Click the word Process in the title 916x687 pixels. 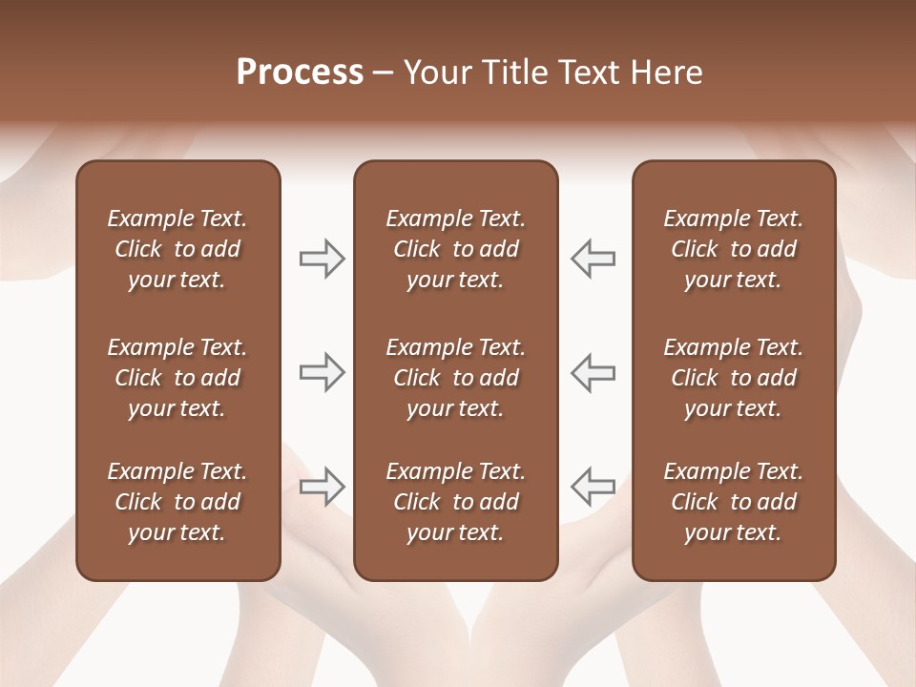click(x=300, y=73)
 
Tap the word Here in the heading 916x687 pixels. click(x=665, y=73)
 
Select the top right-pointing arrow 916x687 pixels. click(x=322, y=259)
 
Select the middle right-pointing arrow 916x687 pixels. click(x=322, y=372)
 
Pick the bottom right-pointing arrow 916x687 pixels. click(x=322, y=486)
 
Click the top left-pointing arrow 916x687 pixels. click(x=593, y=259)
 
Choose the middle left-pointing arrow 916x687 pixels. click(x=593, y=372)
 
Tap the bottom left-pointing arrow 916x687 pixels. click(x=593, y=486)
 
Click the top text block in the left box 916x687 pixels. click(x=177, y=249)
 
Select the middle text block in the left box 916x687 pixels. click(x=177, y=378)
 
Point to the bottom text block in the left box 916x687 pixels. click(x=177, y=502)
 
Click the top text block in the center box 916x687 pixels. click(x=455, y=249)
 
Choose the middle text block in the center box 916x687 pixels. click(x=455, y=378)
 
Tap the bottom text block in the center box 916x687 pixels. click(x=455, y=502)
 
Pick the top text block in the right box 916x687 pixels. click(x=733, y=249)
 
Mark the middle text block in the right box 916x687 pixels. click(x=733, y=378)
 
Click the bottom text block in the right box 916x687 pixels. click(x=733, y=502)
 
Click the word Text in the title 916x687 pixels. click(x=589, y=73)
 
